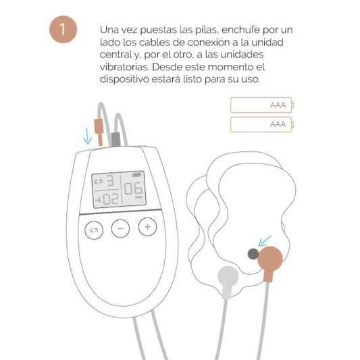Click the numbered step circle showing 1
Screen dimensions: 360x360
coord(63,30)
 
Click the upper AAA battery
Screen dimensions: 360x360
coord(261,105)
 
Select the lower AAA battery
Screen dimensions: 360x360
coord(261,124)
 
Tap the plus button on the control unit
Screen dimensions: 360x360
coord(147,228)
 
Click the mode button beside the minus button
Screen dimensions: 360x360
coord(93,230)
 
